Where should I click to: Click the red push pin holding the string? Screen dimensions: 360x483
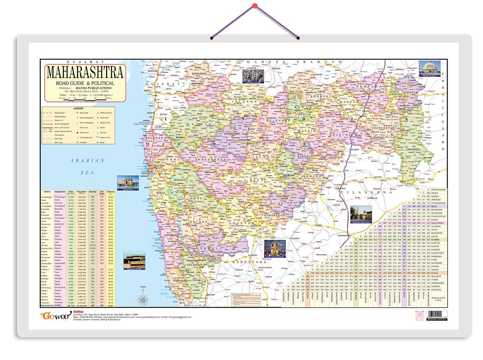[255, 6]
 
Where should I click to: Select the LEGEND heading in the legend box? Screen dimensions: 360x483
[78, 108]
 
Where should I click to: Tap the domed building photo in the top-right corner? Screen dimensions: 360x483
[429, 68]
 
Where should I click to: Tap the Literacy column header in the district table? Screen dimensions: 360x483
[110, 193]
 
